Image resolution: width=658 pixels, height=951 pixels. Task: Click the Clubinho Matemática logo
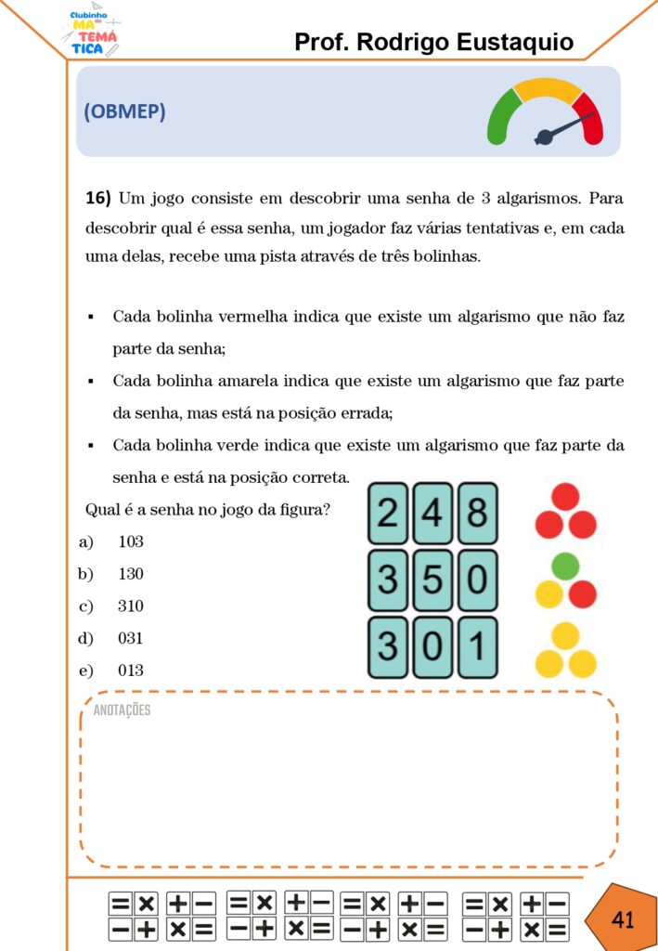pyautogui.click(x=93, y=31)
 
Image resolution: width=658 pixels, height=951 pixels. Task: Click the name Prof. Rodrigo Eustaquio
pyautogui.click(x=433, y=42)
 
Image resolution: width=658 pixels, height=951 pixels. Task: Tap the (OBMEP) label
pyautogui.click(x=124, y=111)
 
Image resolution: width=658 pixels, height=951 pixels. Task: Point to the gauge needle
pyautogui.click(x=563, y=128)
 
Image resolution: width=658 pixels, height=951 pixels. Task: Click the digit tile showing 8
pyautogui.click(x=476, y=513)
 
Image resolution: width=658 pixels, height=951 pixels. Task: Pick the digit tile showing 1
pyautogui.click(x=476, y=646)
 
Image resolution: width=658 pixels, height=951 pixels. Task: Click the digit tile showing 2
pyautogui.click(x=389, y=513)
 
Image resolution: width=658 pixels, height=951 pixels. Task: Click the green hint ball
pyautogui.click(x=565, y=566)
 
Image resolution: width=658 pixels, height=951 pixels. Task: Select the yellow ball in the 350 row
pyautogui.click(x=549, y=594)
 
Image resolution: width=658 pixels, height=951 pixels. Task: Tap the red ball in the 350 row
pyautogui.click(x=582, y=594)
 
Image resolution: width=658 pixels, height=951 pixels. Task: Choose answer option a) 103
pyautogui.click(x=130, y=541)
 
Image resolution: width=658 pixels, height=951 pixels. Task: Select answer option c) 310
pyautogui.click(x=130, y=606)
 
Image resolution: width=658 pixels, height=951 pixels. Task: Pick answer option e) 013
pyautogui.click(x=130, y=671)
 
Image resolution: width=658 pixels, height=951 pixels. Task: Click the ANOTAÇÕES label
pyautogui.click(x=122, y=710)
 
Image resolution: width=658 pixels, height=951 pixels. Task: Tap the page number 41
pyautogui.click(x=623, y=919)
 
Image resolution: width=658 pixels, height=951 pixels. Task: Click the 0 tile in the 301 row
pyautogui.click(x=432, y=646)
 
